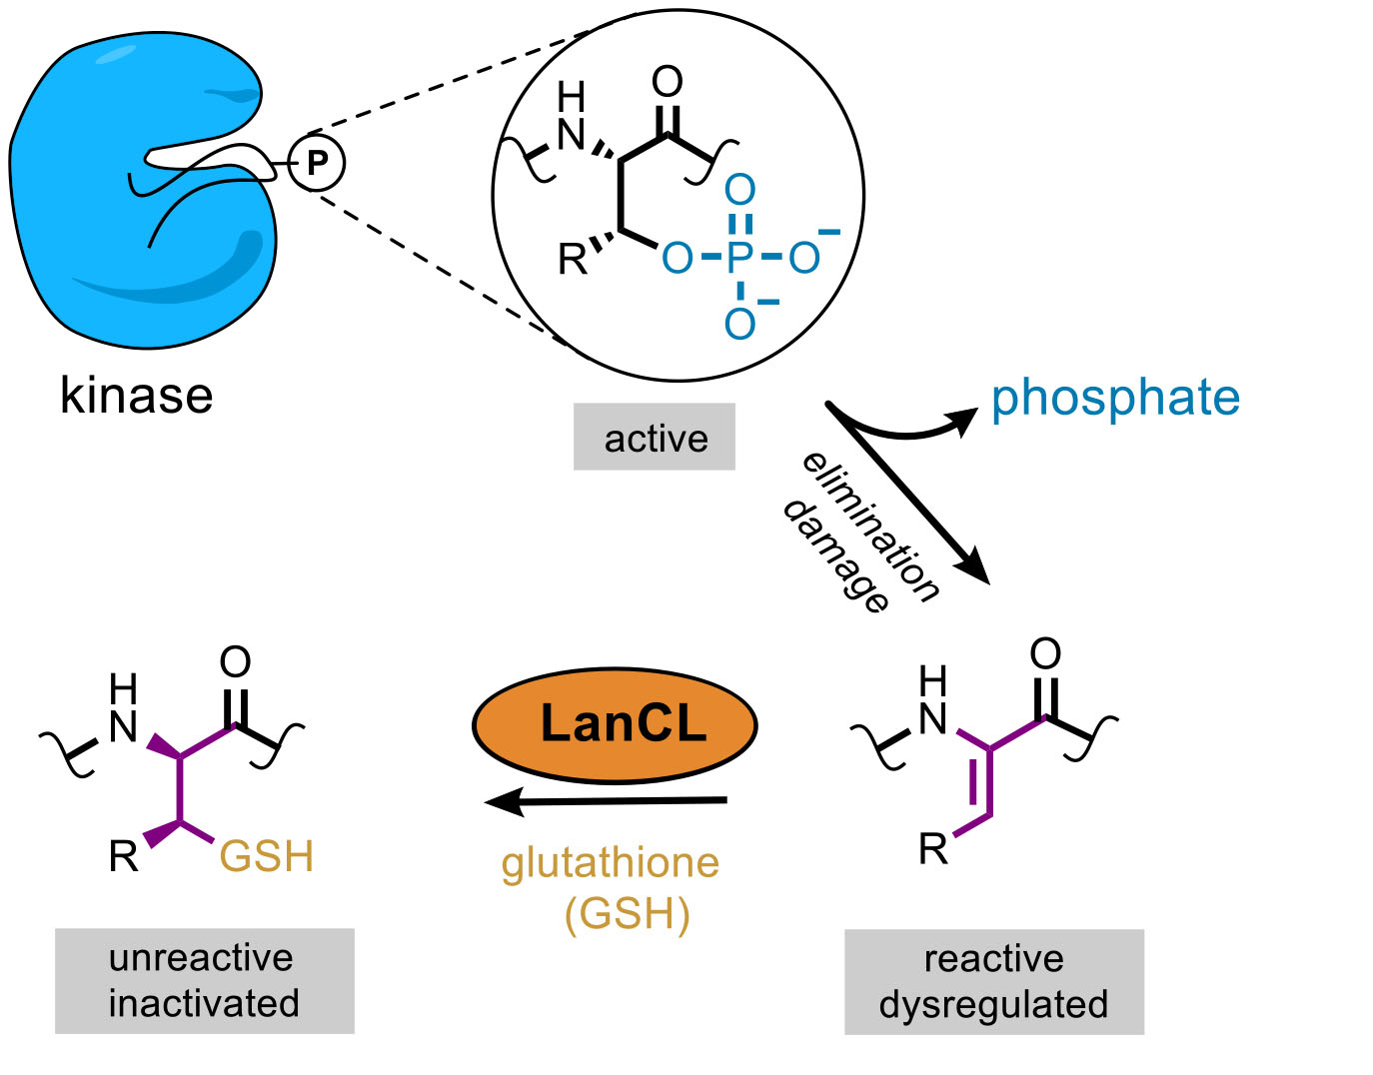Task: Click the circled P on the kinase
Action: [317, 163]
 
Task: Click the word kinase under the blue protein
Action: [137, 396]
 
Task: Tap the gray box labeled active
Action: [655, 438]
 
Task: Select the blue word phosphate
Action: [1115, 398]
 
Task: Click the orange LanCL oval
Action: [615, 724]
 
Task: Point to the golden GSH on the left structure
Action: [267, 857]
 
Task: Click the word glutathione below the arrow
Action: [611, 863]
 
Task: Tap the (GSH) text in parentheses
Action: [627, 914]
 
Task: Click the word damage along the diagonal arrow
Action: [835, 555]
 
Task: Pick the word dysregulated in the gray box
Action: [993, 1004]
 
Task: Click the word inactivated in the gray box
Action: [204, 1003]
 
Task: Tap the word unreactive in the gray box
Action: [201, 958]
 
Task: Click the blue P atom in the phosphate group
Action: [738, 258]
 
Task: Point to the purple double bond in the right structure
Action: [980, 782]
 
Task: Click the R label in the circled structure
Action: [573, 260]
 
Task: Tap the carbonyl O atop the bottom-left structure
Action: [235, 661]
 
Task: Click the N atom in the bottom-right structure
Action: [932, 718]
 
